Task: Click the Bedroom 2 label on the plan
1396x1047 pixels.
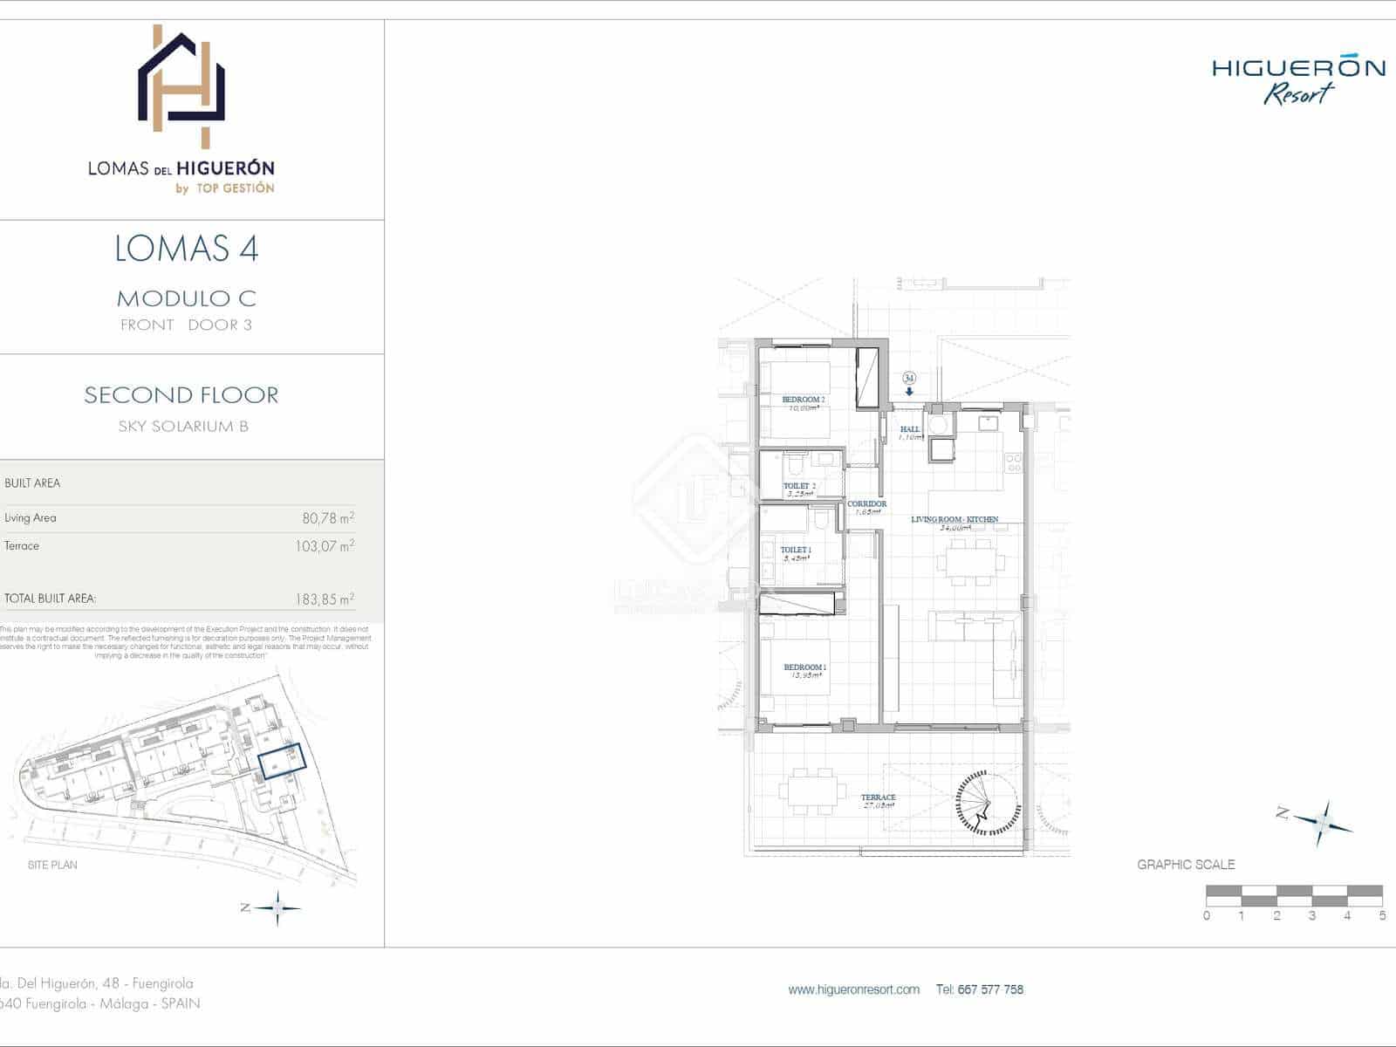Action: pyautogui.click(x=803, y=400)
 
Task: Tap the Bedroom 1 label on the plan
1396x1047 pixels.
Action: pyautogui.click(x=804, y=667)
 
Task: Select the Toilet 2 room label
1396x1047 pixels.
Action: pyautogui.click(x=799, y=486)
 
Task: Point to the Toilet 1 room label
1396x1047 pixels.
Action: pyautogui.click(x=796, y=551)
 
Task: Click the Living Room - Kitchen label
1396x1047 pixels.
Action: pyautogui.click(x=955, y=519)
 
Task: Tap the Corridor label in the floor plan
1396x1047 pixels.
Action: pyautogui.click(x=866, y=504)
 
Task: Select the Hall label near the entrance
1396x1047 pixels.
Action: pyautogui.click(x=910, y=429)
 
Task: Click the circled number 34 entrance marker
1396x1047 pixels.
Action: pyautogui.click(x=909, y=379)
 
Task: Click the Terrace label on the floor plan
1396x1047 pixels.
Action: pyautogui.click(x=878, y=797)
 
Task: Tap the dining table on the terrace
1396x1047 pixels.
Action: pyautogui.click(x=812, y=791)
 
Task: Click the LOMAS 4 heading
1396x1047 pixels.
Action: pyautogui.click(x=187, y=249)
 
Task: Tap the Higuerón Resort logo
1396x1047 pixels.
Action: pyautogui.click(x=1298, y=80)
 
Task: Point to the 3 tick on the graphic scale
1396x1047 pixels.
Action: pyautogui.click(x=1312, y=915)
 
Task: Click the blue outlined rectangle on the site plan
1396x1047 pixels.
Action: pyautogui.click(x=282, y=761)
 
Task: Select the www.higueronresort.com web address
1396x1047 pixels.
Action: pyautogui.click(x=853, y=989)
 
